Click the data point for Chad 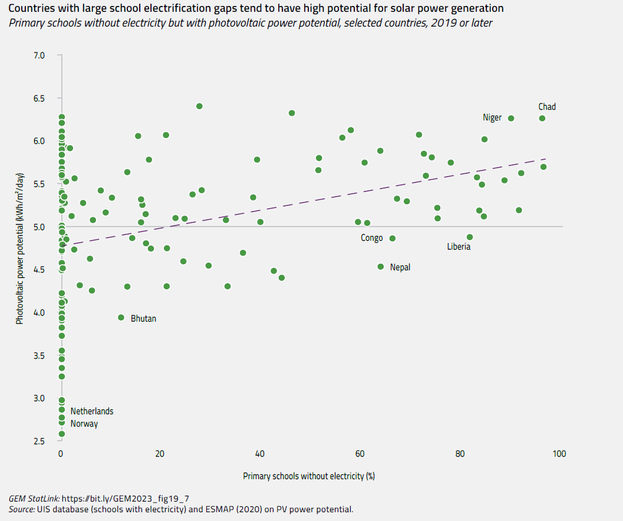[542, 119]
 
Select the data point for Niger [511, 119]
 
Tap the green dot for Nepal [381, 267]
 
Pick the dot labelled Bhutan [121, 317]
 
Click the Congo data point [393, 238]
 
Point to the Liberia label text [459, 247]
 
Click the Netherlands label [92, 411]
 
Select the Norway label [84, 424]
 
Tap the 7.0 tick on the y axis [39, 55]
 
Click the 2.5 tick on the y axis [39, 441]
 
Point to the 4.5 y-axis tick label [39, 270]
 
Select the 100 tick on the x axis [559, 454]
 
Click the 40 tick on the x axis [259, 454]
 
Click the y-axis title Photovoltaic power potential [20, 248]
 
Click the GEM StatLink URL [126, 498]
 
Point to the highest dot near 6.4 [199, 106]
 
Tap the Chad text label [547, 107]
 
